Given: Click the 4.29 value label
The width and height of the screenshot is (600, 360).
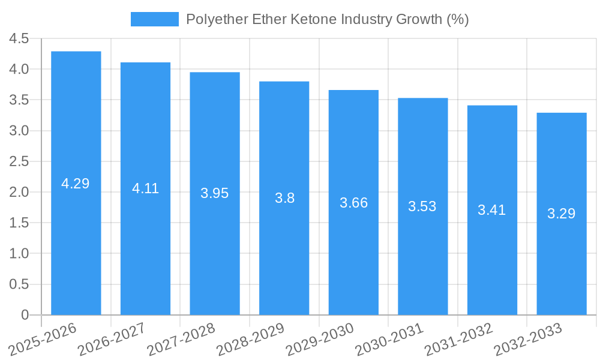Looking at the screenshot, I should (76, 184).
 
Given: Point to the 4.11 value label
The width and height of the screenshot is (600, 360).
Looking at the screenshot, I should (145, 188).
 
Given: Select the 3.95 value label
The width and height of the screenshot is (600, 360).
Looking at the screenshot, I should (215, 193).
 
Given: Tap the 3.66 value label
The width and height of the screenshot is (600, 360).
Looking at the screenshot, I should (353, 203).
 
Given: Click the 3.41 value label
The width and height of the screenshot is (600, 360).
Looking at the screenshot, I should (492, 210).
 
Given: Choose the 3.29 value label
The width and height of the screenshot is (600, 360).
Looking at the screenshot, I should (562, 213).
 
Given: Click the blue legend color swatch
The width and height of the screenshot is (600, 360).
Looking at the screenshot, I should (155, 19).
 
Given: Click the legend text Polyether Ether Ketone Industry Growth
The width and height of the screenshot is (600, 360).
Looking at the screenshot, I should (327, 19).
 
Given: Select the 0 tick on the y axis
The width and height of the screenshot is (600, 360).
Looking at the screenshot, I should (25, 315).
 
